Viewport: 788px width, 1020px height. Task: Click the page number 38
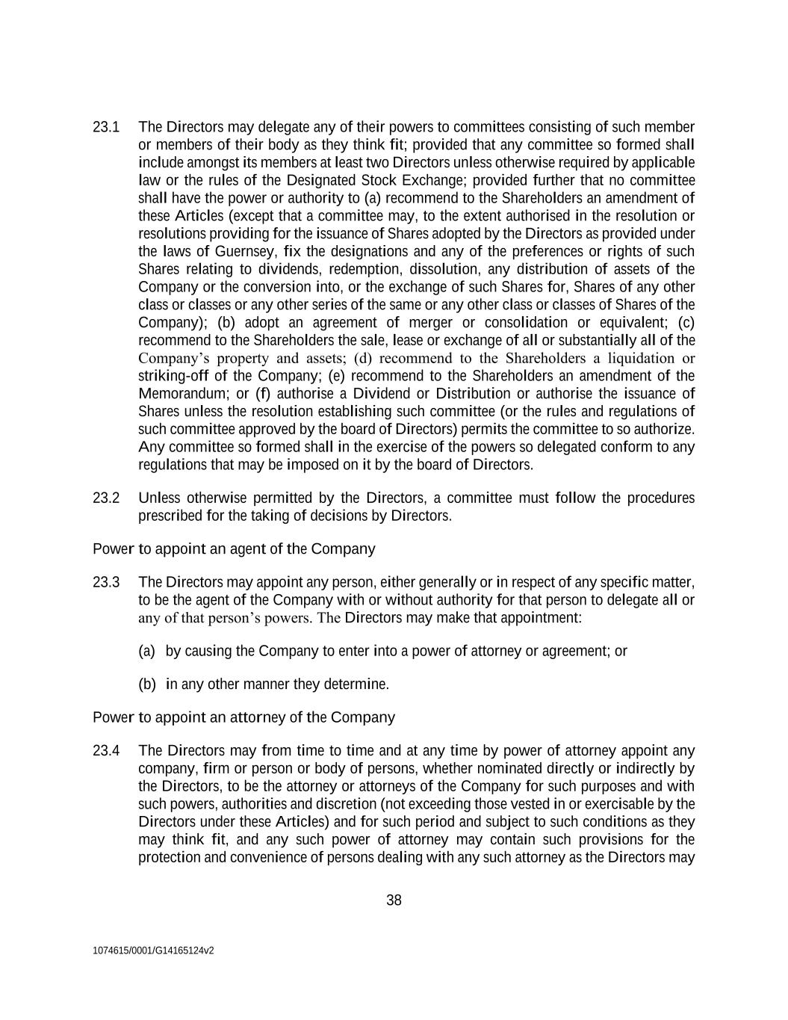coord(394,900)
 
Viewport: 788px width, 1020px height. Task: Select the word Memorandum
coord(177,394)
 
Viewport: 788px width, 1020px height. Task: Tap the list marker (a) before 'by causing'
coord(146,651)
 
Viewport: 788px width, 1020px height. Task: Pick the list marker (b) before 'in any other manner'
coord(146,684)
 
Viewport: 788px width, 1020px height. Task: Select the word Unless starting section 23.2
coord(159,498)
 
